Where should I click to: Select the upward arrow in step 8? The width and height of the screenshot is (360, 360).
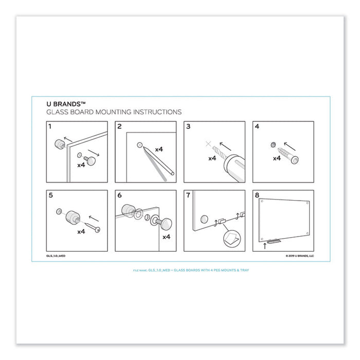tap(265, 246)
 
